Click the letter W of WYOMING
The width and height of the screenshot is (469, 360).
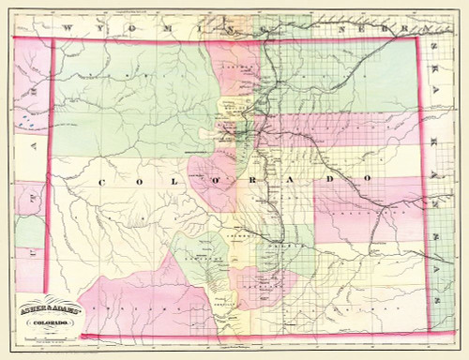68,30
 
